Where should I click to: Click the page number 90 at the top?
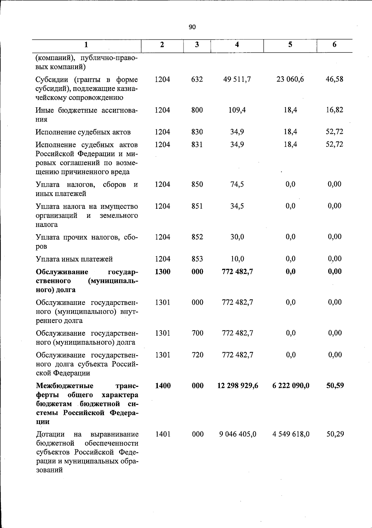pyautogui.click(x=192, y=27)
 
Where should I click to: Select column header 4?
pyautogui.click(x=237, y=45)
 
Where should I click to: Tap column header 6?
pyautogui.click(x=334, y=45)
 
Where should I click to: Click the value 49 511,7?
pyautogui.click(x=237, y=79)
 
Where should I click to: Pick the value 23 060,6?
pyautogui.click(x=290, y=79)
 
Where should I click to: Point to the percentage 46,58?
pyautogui.click(x=334, y=79)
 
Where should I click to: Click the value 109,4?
pyautogui.click(x=237, y=110)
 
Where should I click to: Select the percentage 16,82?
pyautogui.click(x=334, y=110)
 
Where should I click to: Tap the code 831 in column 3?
pyautogui.click(x=197, y=145)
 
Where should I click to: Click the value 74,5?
pyautogui.click(x=237, y=184)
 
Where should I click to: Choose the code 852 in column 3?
pyautogui.click(x=197, y=237)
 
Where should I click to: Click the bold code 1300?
pyautogui.click(x=162, y=272)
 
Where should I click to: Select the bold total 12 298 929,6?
pyautogui.click(x=238, y=386)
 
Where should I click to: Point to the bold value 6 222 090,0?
pyautogui.click(x=291, y=386)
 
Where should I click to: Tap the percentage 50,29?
pyautogui.click(x=335, y=434)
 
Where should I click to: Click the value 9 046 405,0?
pyautogui.click(x=238, y=434)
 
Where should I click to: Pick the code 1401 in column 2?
pyautogui.click(x=163, y=434)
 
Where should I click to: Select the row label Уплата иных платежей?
pyautogui.click(x=74, y=259)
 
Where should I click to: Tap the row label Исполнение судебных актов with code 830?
pyautogui.click(x=83, y=132)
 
